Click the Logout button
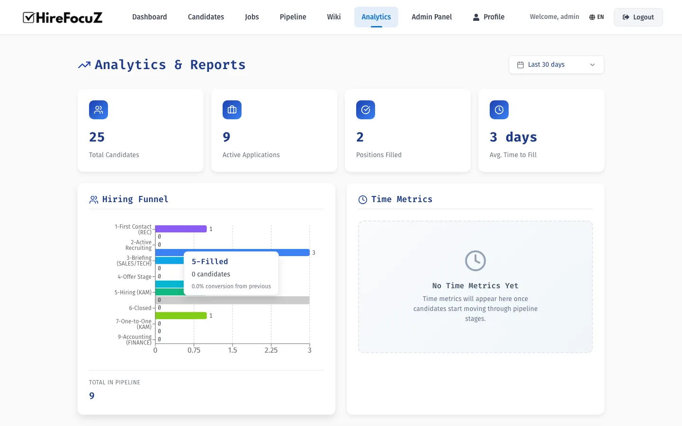pos(638,17)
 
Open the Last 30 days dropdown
pos(556,65)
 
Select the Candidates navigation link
pos(206,17)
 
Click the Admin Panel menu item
pos(431,17)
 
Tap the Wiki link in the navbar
pos(333,17)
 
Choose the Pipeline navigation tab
pos(293,17)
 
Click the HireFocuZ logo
pos(63,18)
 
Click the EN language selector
pos(596,17)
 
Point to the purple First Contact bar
pos(181,229)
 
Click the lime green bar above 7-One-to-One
pos(181,316)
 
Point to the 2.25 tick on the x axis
pos(271,350)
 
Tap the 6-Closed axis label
pos(140,308)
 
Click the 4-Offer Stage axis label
pos(135,277)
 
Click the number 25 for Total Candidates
pos(97,137)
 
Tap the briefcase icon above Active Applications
pos(232,110)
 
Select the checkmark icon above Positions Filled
pos(366,110)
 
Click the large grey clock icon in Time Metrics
pos(475,261)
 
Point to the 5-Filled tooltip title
pos(210,262)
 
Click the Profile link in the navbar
pos(489,17)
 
